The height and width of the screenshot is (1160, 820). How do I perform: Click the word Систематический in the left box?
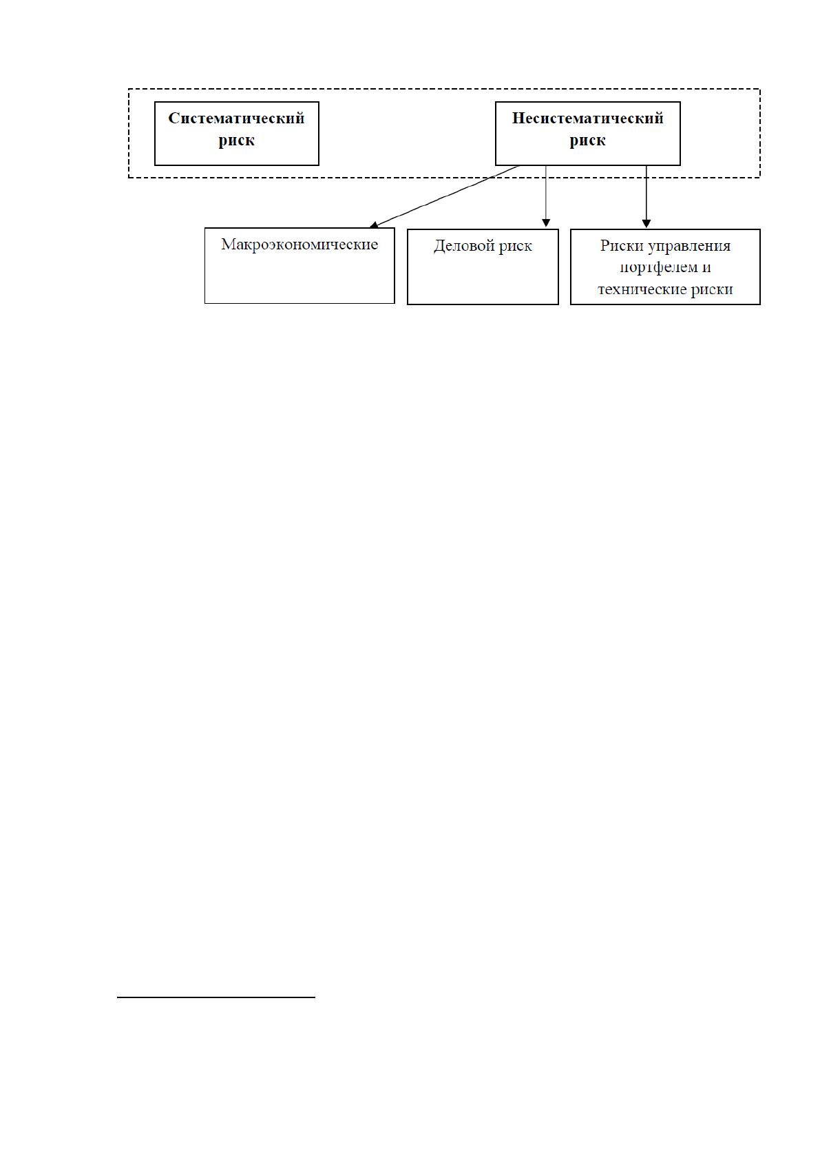(236, 118)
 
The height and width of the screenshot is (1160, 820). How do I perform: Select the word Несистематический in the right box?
(587, 118)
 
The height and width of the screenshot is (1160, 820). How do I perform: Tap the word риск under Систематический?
(236, 141)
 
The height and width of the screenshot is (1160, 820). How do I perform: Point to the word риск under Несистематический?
(587, 141)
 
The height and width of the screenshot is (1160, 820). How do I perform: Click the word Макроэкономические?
(299, 245)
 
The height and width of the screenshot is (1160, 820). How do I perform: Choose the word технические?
(642, 289)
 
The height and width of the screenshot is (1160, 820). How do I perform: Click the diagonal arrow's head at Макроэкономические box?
(373, 225)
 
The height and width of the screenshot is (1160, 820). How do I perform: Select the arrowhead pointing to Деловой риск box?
(545, 223)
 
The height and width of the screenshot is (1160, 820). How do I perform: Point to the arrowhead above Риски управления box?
(646, 224)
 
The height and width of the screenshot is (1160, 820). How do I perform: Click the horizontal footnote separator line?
(216, 997)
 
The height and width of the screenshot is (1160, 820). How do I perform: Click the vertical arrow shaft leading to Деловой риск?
(545, 193)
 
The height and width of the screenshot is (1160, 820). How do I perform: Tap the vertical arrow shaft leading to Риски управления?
(646, 193)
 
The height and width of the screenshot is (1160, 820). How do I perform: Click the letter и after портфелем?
(706, 268)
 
